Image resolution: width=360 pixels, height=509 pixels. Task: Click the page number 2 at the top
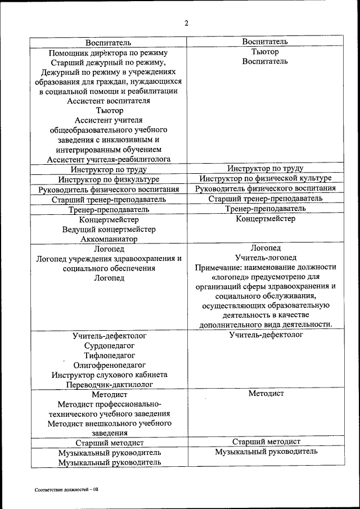[186, 23]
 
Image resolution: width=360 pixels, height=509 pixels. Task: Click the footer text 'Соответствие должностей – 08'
[66, 490]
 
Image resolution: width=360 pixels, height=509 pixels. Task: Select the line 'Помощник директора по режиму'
[109, 53]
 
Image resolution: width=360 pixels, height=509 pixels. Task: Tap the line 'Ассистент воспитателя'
[109, 101]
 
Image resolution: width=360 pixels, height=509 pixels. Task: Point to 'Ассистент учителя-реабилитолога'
[109, 159]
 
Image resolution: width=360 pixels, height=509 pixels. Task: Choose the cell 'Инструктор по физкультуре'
[109, 179]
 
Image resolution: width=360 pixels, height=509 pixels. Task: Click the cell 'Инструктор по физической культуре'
[265, 178]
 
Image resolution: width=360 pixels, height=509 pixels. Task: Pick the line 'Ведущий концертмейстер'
[109, 229]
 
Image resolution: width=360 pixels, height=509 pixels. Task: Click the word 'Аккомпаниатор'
[109, 239]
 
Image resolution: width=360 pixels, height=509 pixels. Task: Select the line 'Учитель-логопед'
[265, 257]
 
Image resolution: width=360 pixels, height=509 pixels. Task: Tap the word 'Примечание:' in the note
[219, 267]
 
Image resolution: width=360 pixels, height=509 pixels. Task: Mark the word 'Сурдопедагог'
[109, 345]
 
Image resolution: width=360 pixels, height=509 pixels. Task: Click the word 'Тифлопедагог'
[109, 355]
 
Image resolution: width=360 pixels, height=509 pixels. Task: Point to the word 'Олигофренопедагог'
[109, 364]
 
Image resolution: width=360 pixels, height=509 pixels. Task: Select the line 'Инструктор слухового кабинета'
[109, 375]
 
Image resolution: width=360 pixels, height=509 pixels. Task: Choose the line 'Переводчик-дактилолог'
[109, 384]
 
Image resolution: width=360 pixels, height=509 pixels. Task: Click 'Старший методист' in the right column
[265, 442]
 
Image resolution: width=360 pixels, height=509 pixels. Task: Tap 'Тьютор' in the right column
[265, 52]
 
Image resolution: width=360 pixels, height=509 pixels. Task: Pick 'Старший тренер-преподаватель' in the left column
[109, 199]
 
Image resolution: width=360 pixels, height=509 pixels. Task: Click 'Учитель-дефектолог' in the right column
[265, 335]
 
